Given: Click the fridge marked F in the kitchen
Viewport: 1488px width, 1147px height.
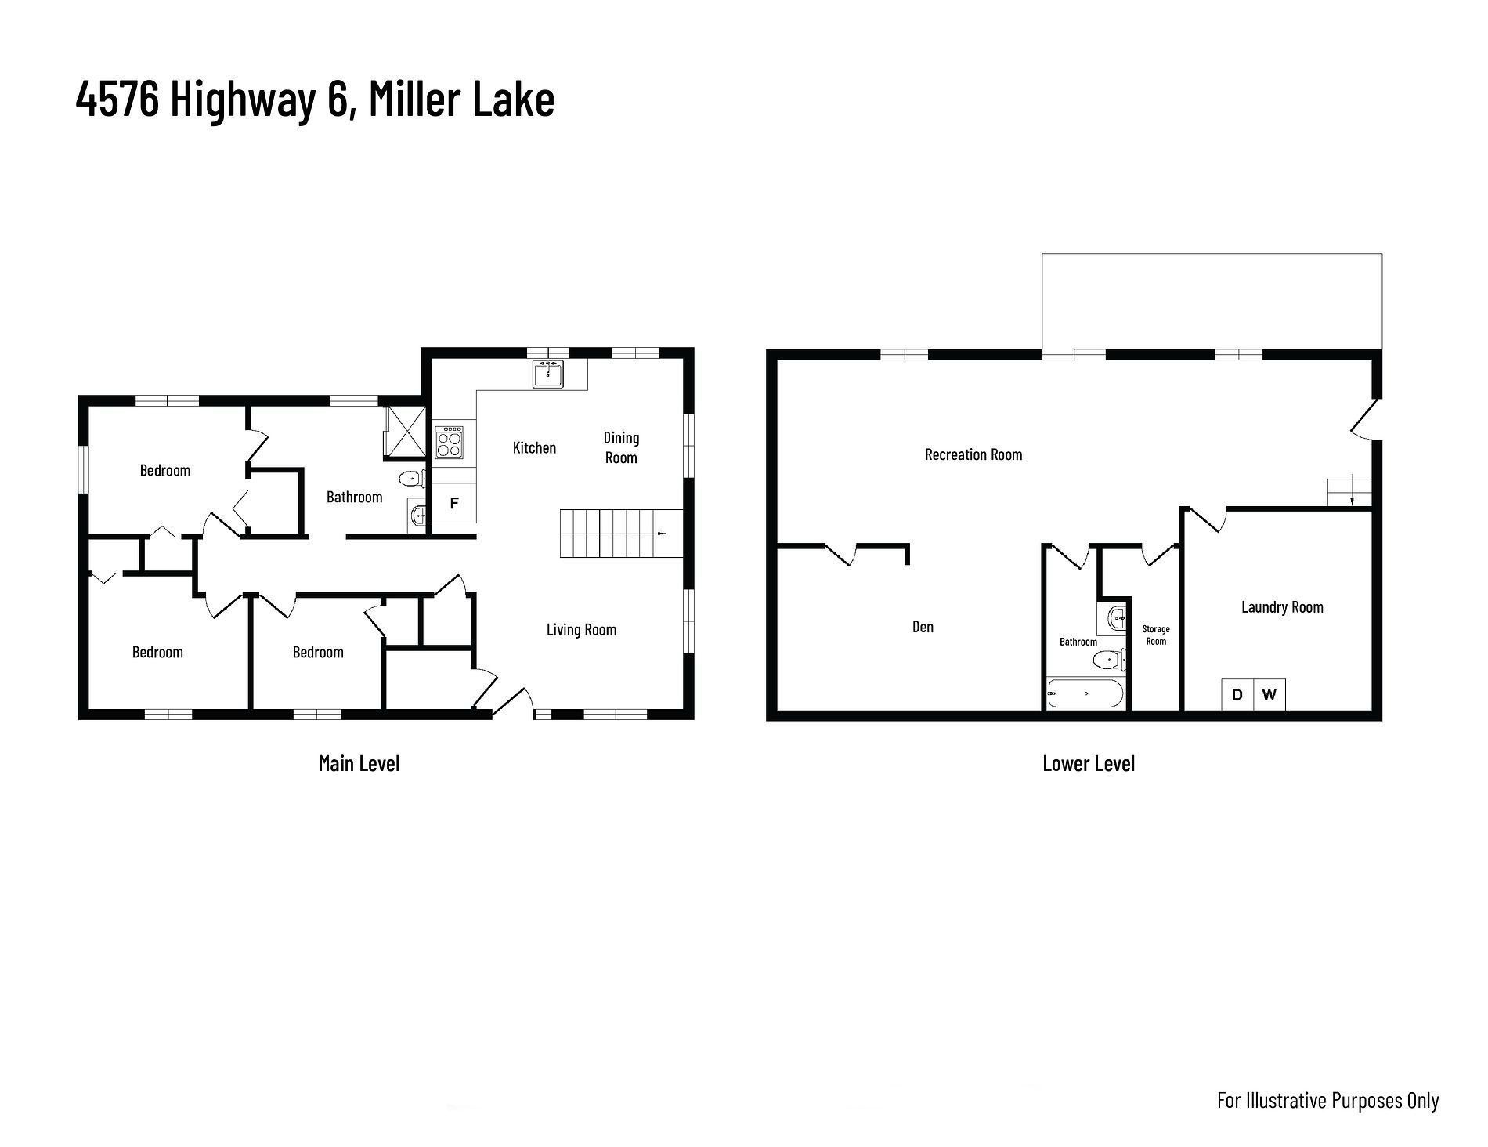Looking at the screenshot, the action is tap(453, 504).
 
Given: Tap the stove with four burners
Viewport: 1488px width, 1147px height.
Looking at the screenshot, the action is tap(449, 442).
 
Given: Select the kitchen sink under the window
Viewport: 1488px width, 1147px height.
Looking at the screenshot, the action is tap(548, 374).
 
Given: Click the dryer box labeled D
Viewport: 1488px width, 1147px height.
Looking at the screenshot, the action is tap(1237, 694).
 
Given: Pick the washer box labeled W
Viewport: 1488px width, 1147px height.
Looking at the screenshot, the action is tap(1269, 694).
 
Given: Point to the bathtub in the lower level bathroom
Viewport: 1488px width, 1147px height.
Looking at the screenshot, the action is tap(1085, 694).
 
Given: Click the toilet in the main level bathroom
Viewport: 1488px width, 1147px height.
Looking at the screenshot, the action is tap(412, 478).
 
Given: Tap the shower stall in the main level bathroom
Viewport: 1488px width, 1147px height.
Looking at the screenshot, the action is tap(406, 432).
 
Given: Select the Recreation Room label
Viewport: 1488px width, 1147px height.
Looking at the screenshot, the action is tap(973, 454).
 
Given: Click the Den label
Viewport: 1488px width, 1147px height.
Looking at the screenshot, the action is tap(923, 627).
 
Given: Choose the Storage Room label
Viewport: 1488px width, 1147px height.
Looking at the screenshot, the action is tap(1156, 635).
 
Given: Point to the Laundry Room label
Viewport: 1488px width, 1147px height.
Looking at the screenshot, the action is tap(1282, 607).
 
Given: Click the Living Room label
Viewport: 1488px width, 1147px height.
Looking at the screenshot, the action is tap(581, 629).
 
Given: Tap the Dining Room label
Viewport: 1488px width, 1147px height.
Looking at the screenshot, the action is tap(621, 447).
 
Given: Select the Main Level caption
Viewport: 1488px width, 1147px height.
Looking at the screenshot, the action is tap(359, 763).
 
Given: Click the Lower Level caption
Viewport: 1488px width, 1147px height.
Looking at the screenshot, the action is tap(1089, 763).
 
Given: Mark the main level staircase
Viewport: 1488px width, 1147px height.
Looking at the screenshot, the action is tap(621, 534).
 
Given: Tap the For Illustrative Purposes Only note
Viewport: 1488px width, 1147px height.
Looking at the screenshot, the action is tap(1328, 1100).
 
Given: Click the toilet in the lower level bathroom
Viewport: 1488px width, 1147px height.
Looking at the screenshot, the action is tap(1109, 660).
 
